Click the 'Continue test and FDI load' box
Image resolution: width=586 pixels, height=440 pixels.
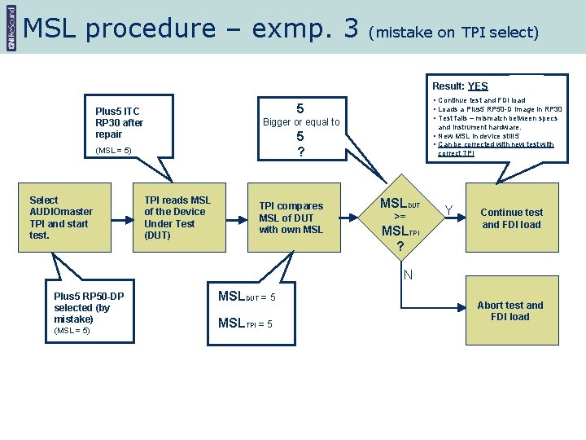[x=511, y=218]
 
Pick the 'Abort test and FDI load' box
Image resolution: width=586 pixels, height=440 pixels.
[x=510, y=311]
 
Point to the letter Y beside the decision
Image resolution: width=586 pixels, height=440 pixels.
[x=448, y=211]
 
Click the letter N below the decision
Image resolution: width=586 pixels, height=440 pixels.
[x=408, y=275]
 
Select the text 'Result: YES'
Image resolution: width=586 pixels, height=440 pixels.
[x=460, y=86]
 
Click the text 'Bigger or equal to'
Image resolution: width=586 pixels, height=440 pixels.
[x=300, y=122]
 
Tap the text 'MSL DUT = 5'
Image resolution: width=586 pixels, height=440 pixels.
[x=247, y=297]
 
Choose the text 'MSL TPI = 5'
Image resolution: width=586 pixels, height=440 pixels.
[x=245, y=324]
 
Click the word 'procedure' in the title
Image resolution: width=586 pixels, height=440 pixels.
[x=150, y=29]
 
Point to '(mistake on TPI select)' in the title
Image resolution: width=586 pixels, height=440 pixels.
[x=453, y=33]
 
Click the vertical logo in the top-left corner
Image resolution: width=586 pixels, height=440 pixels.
[x=10, y=27]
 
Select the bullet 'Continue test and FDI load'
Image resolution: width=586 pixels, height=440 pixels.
[x=484, y=100]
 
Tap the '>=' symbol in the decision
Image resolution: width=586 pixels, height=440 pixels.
[x=400, y=217]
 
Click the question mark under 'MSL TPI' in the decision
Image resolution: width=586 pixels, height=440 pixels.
[x=400, y=246]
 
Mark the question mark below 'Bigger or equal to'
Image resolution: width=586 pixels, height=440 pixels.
[x=300, y=152]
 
